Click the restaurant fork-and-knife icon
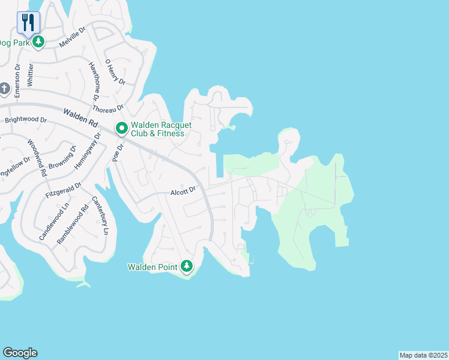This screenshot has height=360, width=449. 28,22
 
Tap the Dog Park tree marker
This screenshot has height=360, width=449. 38,42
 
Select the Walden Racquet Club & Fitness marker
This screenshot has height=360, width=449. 121,128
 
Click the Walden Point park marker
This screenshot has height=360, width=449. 187,266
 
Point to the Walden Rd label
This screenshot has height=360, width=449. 80,116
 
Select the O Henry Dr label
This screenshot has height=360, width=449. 115,71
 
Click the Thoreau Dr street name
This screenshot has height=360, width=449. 107,109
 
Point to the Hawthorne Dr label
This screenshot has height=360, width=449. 94,82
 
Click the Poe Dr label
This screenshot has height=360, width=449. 118,152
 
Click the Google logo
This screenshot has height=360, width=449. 20,353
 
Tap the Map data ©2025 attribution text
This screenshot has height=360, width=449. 423,355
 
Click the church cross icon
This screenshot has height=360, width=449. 4,89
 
